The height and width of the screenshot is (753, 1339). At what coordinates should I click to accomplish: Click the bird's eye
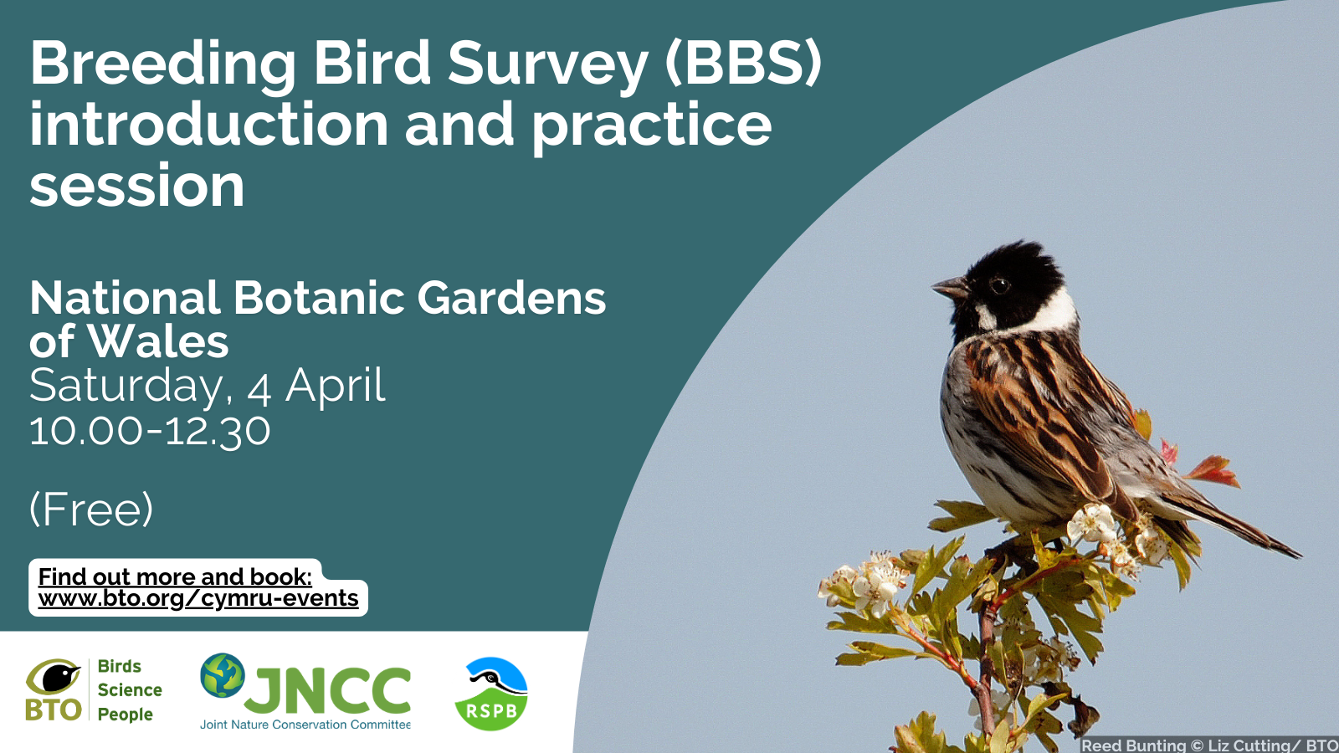pyautogui.click(x=999, y=285)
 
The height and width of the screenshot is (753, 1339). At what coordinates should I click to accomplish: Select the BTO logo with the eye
pyautogui.click(x=54, y=689)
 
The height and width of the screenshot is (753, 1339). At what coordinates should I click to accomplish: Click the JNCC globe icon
pyautogui.click(x=223, y=675)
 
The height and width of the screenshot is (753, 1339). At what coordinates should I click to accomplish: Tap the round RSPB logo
pyautogui.click(x=490, y=694)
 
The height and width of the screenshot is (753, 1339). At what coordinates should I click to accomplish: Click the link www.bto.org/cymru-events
pyautogui.click(x=198, y=598)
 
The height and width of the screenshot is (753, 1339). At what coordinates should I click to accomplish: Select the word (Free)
pyautogui.click(x=91, y=510)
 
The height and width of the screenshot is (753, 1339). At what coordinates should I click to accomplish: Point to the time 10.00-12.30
pyautogui.click(x=150, y=431)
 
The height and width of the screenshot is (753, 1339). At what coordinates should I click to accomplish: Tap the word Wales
pyautogui.click(x=158, y=341)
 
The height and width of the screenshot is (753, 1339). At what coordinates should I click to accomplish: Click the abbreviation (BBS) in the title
pyautogui.click(x=743, y=64)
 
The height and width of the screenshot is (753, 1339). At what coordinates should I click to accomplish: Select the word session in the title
pyautogui.click(x=137, y=186)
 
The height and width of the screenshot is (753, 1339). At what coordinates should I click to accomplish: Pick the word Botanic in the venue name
pyautogui.click(x=319, y=298)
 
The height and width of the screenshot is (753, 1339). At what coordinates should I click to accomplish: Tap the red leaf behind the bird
pyautogui.click(x=1213, y=470)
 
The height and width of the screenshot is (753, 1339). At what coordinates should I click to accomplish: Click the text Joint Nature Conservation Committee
pyautogui.click(x=305, y=725)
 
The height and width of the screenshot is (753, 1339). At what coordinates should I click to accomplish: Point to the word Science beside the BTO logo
pyautogui.click(x=130, y=689)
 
